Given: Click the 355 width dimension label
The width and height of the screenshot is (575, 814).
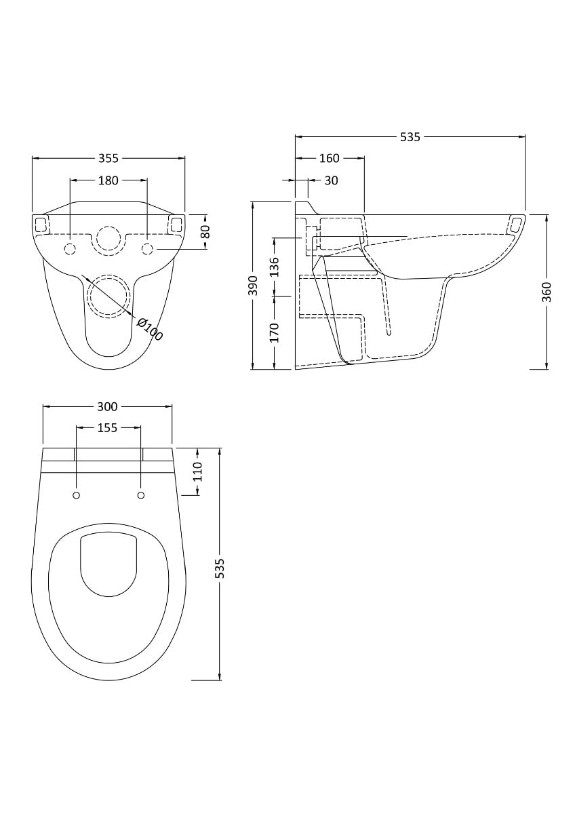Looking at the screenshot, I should click(108, 158).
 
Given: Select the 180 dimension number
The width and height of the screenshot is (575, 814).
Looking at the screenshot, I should click(108, 180).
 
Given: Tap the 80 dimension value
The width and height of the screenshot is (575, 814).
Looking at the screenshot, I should click(206, 231).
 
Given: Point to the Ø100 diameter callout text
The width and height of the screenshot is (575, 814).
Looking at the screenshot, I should click(149, 328).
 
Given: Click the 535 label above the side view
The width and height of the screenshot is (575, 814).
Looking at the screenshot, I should click(410, 137).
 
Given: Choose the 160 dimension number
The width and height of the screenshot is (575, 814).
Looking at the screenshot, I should click(329, 158).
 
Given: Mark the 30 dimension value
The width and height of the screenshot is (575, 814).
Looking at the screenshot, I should click(331, 180).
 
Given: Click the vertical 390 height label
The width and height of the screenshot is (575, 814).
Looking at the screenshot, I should click(253, 286).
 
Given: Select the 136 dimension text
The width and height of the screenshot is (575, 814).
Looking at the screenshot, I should click(274, 267).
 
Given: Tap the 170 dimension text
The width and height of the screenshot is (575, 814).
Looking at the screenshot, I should click(274, 333).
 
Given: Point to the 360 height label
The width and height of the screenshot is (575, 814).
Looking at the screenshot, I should click(547, 292).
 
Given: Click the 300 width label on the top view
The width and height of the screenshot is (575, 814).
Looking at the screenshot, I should click(107, 407).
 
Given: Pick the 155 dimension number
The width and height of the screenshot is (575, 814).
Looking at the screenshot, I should click(107, 427).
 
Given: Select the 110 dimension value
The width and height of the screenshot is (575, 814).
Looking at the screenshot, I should click(198, 471).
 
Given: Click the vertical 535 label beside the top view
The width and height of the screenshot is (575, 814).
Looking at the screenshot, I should click(219, 568).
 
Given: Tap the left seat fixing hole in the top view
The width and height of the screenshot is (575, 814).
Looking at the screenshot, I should click(76, 495).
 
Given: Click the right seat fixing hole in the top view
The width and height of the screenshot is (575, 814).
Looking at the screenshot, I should click(141, 495).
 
